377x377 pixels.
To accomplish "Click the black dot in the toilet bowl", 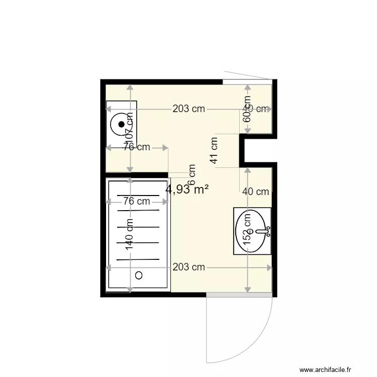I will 121,124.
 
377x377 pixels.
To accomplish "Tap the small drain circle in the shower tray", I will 139,275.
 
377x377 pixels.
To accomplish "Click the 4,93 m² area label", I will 187,190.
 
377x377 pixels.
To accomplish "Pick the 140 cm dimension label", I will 130,235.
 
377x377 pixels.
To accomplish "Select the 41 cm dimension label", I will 215,151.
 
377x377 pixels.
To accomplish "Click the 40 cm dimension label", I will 255,192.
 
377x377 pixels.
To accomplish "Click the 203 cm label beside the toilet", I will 189,109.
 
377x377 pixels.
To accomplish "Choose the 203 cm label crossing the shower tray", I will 189,267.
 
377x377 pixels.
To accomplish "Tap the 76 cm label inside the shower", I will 137,202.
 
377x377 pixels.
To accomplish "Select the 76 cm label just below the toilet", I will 137,147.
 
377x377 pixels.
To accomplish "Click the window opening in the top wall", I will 247,82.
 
